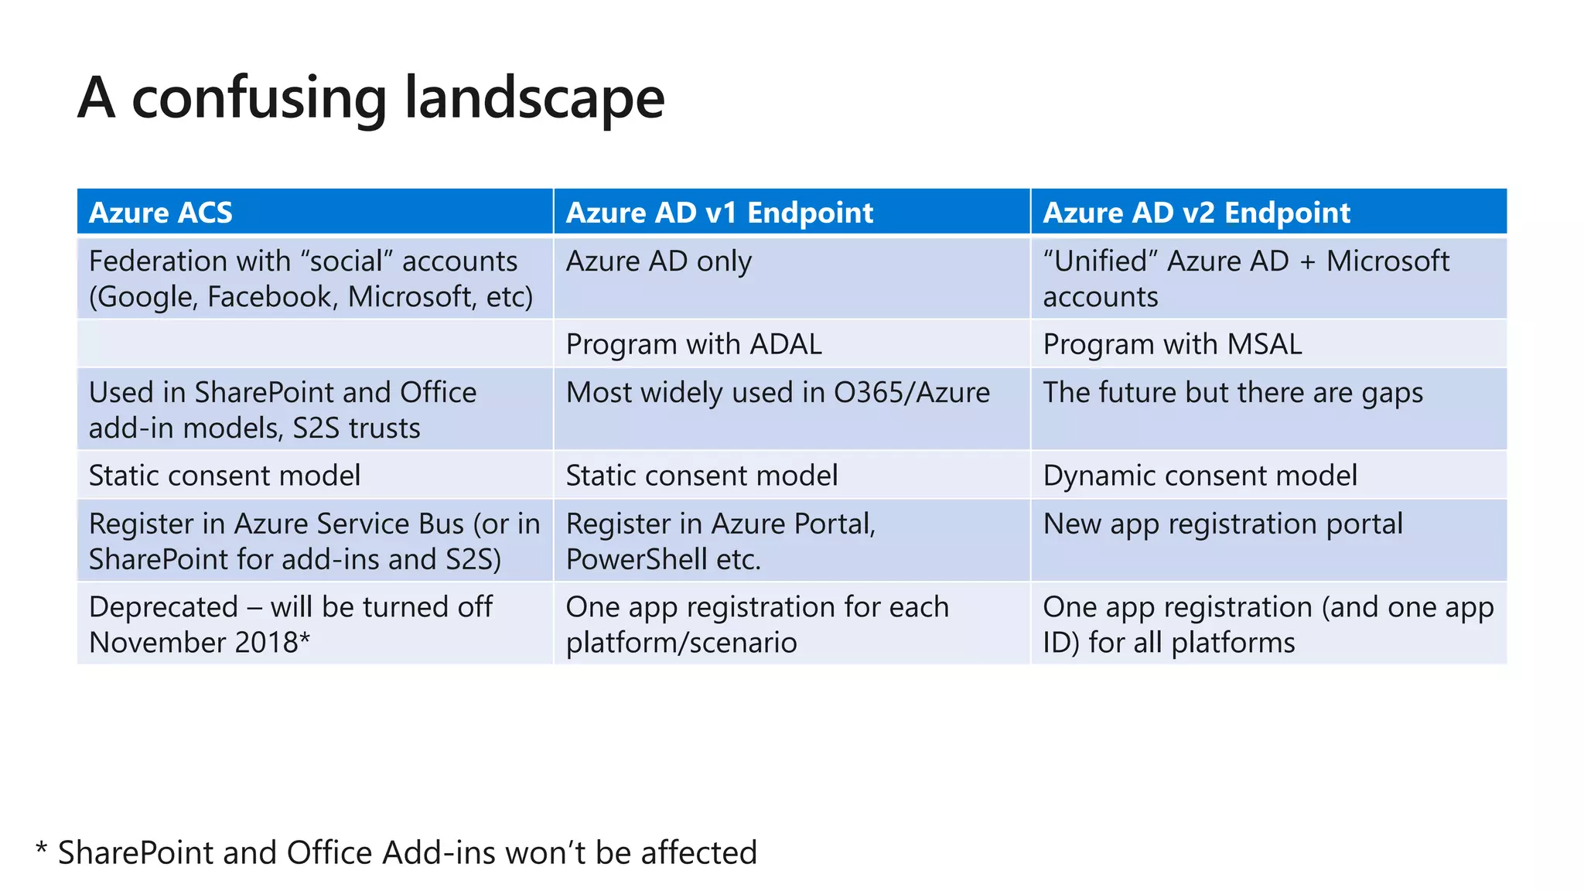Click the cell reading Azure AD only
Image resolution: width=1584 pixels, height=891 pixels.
658,261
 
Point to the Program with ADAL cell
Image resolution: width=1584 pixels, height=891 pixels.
694,344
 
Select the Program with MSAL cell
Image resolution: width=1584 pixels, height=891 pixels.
1172,344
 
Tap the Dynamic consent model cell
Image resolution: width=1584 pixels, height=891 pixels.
1200,476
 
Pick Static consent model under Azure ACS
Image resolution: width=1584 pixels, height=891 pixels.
224,476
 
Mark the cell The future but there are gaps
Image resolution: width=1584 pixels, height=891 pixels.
1232,393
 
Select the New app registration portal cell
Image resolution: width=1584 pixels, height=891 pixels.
1222,524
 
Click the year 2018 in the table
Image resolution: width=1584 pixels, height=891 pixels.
267,643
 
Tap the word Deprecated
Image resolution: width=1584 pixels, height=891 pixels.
163,607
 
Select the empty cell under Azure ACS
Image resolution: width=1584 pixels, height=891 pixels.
315,344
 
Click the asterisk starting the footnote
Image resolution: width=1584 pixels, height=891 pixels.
41,848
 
